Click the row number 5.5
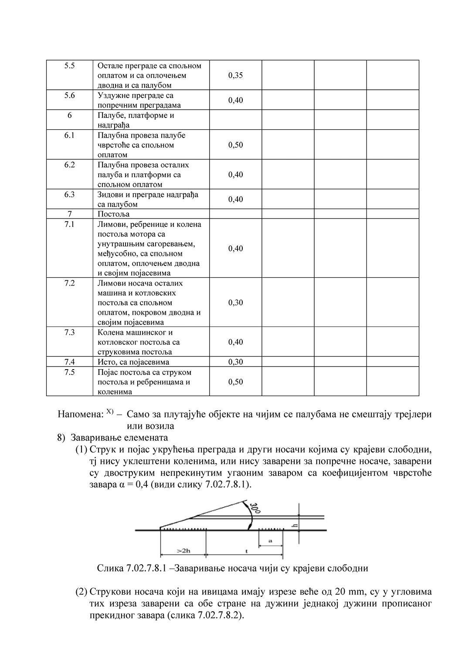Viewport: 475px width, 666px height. coord(70,66)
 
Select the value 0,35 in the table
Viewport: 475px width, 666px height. coord(235,75)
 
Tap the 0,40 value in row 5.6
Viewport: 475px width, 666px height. coord(235,101)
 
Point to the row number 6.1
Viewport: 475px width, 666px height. coord(70,135)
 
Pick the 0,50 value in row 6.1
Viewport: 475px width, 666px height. coord(235,145)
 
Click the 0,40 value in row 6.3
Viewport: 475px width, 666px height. coord(235,199)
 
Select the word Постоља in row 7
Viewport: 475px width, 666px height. coord(113,214)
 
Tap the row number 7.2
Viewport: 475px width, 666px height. coord(70,283)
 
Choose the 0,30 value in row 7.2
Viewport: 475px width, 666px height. coord(235,303)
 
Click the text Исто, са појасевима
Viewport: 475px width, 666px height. coord(133,362)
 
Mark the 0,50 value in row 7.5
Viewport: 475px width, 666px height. coord(235,382)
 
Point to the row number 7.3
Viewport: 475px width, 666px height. coord(70,333)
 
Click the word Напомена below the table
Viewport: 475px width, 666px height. coord(80,414)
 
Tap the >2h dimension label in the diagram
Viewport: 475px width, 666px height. coord(183,551)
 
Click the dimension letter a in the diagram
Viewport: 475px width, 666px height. coord(270,541)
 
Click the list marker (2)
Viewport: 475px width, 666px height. coord(81,592)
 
